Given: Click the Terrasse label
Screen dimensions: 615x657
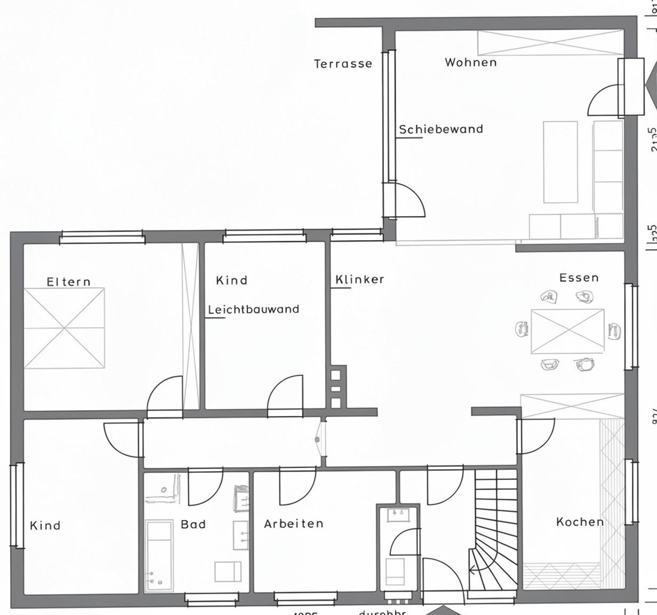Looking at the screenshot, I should (343, 64).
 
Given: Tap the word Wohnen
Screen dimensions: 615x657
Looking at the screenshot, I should (471, 62).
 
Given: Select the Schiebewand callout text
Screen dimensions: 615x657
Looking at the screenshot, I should (441, 129).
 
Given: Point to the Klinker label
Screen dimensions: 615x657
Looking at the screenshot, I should (360, 279).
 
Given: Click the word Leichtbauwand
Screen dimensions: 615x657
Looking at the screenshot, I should (254, 309).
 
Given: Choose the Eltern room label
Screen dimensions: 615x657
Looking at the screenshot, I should (69, 281).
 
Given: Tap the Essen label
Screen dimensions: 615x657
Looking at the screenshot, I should (579, 278).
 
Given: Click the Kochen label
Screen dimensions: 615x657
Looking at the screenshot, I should (580, 522).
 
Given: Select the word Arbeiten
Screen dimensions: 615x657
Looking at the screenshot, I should (294, 524).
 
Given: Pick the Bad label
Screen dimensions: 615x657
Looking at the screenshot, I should (193, 524).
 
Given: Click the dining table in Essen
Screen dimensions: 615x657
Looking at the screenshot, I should (568, 331).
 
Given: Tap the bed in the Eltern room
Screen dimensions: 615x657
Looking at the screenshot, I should (65, 328).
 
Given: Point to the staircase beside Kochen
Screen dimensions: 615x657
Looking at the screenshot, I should (495, 529).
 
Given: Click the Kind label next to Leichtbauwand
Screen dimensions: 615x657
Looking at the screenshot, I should (231, 280).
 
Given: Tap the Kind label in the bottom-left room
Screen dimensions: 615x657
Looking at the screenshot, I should (45, 525).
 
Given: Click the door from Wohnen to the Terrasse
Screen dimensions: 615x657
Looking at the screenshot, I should (407, 200).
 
